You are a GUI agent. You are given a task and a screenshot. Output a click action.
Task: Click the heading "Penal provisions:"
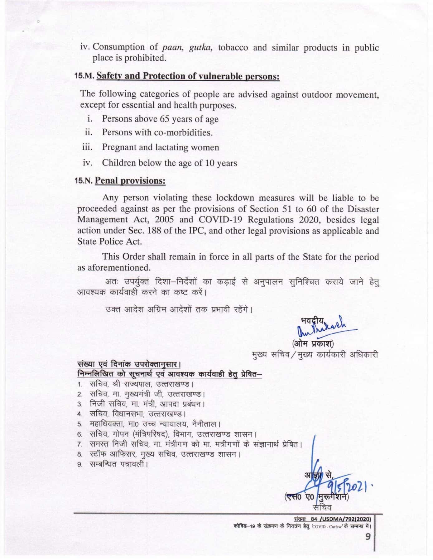(x=130, y=181)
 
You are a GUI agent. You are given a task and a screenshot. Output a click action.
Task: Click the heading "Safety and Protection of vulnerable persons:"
(x=188, y=76)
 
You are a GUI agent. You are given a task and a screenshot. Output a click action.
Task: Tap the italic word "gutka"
(x=201, y=47)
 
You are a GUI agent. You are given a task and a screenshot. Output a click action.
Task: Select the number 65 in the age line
(x=164, y=119)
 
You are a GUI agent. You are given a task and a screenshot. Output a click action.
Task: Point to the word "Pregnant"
(x=119, y=147)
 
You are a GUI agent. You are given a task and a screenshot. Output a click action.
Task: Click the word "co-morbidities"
(x=183, y=133)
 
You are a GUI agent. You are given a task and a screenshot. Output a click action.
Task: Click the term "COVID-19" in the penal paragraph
(x=226, y=220)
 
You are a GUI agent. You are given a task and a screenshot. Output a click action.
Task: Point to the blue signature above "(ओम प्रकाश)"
(x=324, y=329)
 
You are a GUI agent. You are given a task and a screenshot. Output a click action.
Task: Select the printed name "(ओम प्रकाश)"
(x=313, y=344)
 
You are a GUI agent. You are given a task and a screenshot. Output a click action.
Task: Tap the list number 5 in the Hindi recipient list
(x=80, y=424)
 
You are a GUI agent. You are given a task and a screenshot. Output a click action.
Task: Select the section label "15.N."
(x=84, y=181)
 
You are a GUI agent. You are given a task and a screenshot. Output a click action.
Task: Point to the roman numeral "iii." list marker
(x=88, y=147)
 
